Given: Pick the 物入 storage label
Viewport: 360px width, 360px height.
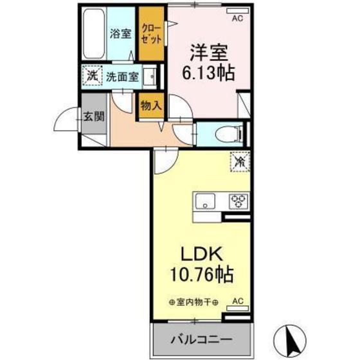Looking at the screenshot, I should click(151, 105).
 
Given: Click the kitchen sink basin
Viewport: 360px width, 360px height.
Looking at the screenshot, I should click(205, 201).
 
